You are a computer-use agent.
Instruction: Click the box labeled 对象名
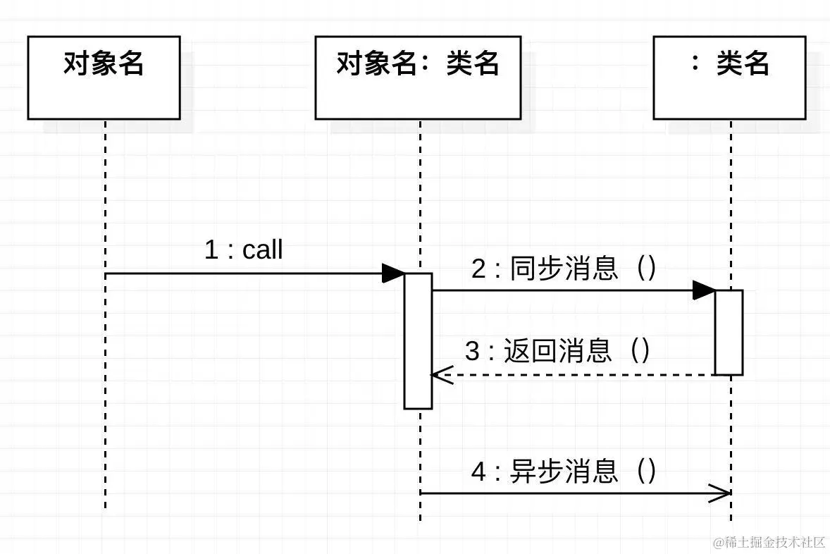point(104,78)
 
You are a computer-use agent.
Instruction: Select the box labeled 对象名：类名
point(417,78)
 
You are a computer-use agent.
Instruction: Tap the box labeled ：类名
point(729,78)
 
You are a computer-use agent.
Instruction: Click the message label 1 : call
point(243,250)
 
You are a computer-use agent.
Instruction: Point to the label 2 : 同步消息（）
point(564,269)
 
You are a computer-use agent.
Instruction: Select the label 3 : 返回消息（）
point(557,351)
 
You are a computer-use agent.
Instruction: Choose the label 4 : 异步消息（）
point(564,471)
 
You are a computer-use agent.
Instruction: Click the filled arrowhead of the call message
point(392,273)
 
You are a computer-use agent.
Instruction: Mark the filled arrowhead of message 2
point(703,290)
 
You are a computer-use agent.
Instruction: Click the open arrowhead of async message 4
point(721,493)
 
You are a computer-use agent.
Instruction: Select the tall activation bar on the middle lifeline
point(418,341)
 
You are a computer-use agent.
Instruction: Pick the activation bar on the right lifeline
point(729,332)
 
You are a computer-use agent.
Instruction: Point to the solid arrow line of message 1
point(240,273)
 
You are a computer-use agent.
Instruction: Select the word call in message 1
point(262,250)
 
